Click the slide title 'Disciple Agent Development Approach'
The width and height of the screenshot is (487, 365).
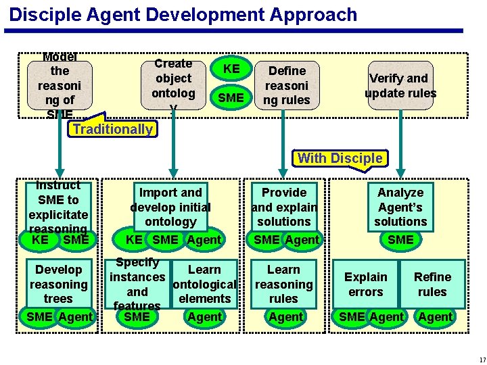(183, 14)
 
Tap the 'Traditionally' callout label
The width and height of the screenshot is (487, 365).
(113, 129)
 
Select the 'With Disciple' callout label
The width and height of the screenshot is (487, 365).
(340, 158)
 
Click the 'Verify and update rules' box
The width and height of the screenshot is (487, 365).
(400, 86)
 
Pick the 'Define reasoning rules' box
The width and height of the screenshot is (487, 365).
(287, 85)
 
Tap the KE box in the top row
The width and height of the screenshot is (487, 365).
(231, 69)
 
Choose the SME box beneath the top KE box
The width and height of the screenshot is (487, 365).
(231, 98)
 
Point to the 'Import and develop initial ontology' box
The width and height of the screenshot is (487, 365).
(170, 207)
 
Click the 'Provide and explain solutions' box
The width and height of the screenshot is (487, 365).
(284, 207)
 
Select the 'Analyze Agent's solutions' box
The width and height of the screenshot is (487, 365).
(400, 207)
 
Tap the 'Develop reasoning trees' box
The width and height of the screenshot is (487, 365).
(59, 284)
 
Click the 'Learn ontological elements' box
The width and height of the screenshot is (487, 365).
(204, 284)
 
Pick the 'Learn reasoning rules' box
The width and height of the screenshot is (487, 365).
(283, 284)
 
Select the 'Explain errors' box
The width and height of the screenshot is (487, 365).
(366, 284)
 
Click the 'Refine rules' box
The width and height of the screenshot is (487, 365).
(432, 284)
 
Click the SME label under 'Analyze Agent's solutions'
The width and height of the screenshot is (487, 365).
(400, 239)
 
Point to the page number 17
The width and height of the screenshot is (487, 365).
(478, 359)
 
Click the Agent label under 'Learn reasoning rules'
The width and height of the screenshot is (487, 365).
(286, 316)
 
